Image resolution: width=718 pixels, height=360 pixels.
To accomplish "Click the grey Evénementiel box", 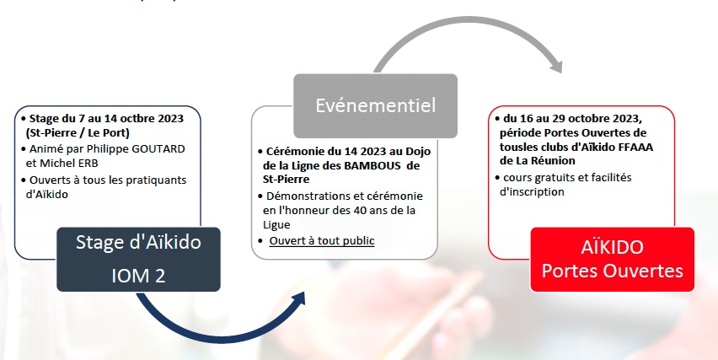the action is point(375,105).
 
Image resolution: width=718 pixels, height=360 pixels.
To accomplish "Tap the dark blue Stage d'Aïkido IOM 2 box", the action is point(138,259).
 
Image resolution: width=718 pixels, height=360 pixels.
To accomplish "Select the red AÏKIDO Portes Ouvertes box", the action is point(612,259).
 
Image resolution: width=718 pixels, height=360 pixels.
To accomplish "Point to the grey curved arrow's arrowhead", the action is point(556,65).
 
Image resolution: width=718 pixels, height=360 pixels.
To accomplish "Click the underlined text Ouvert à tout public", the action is point(321,241).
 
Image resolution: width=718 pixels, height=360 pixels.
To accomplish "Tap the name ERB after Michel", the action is point(89,163).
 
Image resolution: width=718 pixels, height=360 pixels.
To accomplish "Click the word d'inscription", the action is point(532,191).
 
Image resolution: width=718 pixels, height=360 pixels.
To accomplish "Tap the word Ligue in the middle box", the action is point(276,225).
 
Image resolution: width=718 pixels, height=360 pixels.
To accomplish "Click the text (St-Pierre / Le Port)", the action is point(78,133).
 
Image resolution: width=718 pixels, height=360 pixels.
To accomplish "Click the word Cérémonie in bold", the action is point(291,152).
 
